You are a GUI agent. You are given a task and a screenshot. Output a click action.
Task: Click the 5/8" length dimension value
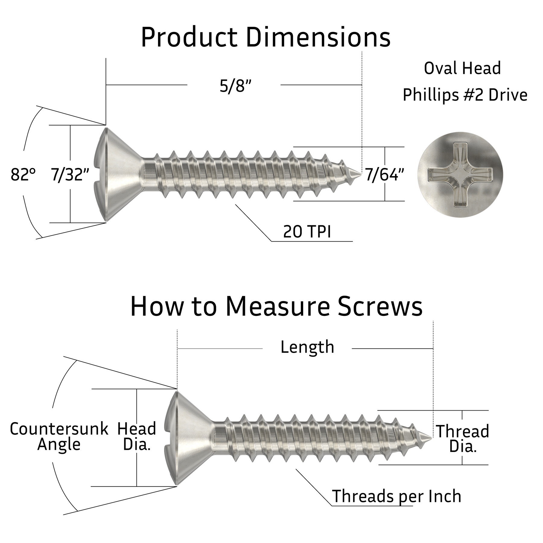tap(235, 87)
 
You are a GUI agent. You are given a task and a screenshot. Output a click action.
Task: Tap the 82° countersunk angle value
tap(23, 175)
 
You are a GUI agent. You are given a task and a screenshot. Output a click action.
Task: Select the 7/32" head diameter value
tap(70, 175)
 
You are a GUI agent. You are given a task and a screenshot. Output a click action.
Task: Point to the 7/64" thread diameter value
tap(384, 175)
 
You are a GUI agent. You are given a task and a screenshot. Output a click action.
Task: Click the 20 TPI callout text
tap(307, 232)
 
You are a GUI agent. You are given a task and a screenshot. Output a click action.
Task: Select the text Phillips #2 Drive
tap(465, 95)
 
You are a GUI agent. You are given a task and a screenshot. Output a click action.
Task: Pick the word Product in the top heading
tap(189, 37)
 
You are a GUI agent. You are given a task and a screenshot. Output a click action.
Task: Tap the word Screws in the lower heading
tap(380, 306)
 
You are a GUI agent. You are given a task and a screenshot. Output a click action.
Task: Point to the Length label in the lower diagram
tap(307, 347)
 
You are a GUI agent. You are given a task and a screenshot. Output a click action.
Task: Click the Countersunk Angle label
tap(59, 437)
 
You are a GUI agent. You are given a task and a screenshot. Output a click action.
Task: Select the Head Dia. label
tap(137, 437)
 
